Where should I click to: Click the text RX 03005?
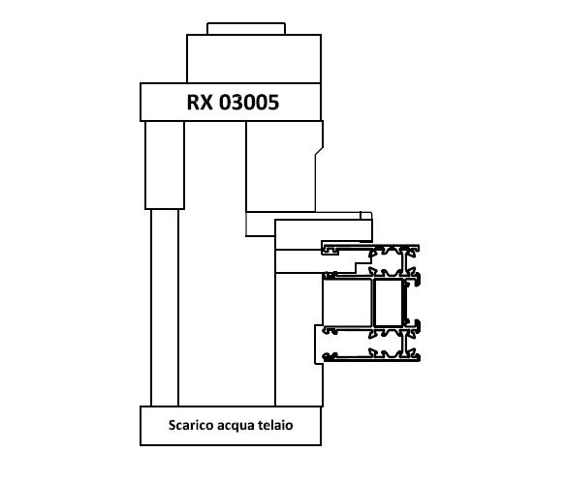pyautogui.click(x=233, y=103)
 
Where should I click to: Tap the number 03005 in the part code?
pyautogui.click(x=249, y=103)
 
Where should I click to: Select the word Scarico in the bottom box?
pyautogui.click(x=191, y=425)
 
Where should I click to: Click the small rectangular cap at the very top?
pyautogui.click(x=246, y=29)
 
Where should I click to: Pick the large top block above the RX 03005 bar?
pyautogui.click(x=254, y=59)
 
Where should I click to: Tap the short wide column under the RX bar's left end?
pyautogui.click(x=165, y=166)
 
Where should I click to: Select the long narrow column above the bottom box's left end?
pyautogui.click(x=165, y=308)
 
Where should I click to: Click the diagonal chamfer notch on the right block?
pyautogui.click(x=319, y=151)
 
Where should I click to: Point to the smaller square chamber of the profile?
pyautogui.click(x=389, y=303)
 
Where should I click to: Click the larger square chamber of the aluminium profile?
pyautogui.click(x=347, y=303)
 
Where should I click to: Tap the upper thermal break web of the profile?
pyautogui.click(x=403, y=260)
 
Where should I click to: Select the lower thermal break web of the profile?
pyautogui.click(x=403, y=343)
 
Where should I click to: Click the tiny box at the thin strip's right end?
pyautogui.click(x=365, y=215)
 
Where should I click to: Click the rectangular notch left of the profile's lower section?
pyautogui.click(x=319, y=345)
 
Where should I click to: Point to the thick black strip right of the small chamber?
pyautogui.click(x=406, y=303)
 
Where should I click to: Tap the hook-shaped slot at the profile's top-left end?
pyautogui.click(x=330, y=250)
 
